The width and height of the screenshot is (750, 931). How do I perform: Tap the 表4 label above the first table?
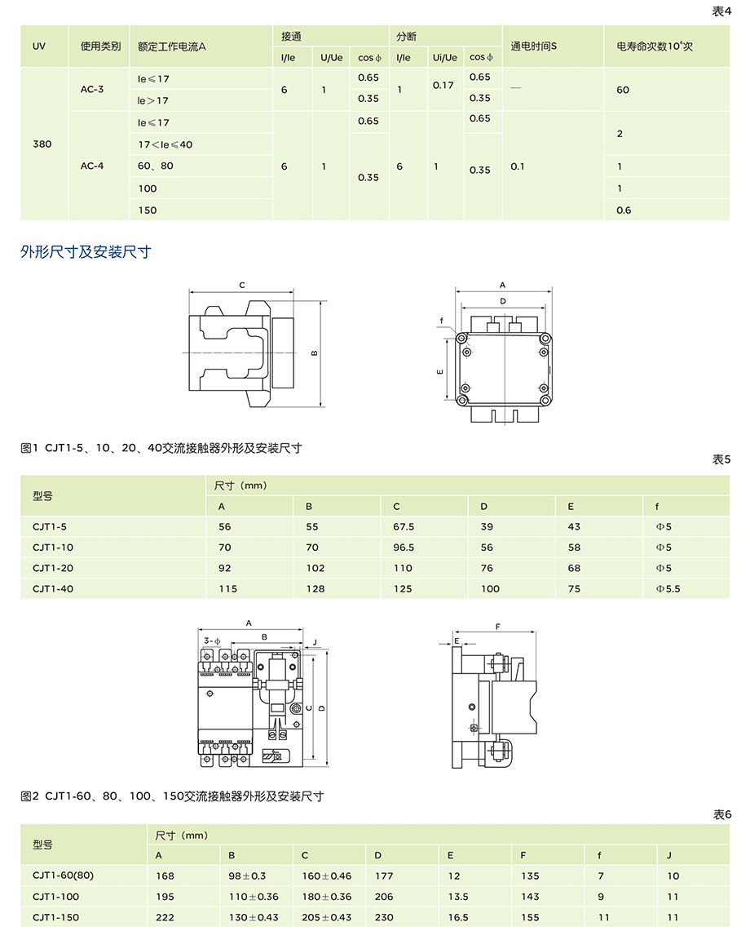click(721, 11)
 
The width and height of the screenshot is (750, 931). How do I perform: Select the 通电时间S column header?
click(534, 47)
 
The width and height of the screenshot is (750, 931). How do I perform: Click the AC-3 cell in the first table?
click(92, 89)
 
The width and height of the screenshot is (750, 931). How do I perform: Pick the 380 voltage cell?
click(42, 144)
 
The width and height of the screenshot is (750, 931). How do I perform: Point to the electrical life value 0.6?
click(624, 210)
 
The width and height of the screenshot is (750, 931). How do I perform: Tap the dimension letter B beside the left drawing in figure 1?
click(314, 352)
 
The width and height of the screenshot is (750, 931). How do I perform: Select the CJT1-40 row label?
click(53, 588)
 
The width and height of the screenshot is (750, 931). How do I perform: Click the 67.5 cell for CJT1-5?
click(404, 527)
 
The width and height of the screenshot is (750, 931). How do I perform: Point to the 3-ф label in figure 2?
click(213, 641)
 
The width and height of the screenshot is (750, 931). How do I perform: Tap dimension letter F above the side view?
click(497, 627)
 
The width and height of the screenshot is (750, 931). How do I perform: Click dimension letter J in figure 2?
click(315, 641)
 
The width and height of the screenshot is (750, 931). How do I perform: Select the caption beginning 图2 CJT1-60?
click(172, 796)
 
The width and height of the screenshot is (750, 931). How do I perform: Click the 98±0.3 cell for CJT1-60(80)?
click(248, 876)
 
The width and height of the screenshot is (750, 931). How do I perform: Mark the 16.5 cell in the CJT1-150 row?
click(458, 917)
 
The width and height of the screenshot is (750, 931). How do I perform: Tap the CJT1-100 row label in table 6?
click(56, 897)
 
